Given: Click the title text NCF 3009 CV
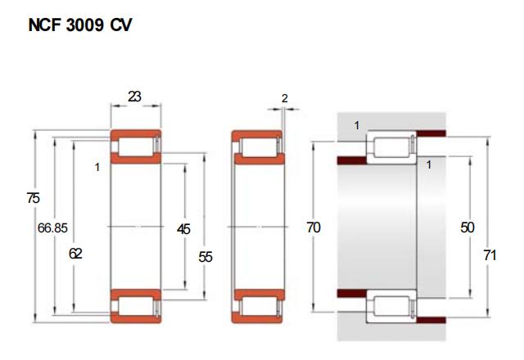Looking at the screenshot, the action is [x=80, y=25].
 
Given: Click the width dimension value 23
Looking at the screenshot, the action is [x=134, y=97].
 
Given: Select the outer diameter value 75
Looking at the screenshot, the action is [x=33, y=198].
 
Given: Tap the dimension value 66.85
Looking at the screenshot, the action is [x=52, y=228].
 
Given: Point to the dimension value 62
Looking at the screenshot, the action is [x=75, y=254].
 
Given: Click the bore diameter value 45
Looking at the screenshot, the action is [x=183, y=229].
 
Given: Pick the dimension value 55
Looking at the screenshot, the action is [x=206, y=257].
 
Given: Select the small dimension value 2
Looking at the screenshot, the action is [x=284, y=98].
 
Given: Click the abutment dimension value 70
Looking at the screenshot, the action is [x=314, y=227].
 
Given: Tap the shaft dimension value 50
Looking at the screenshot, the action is [x=468, y=227].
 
